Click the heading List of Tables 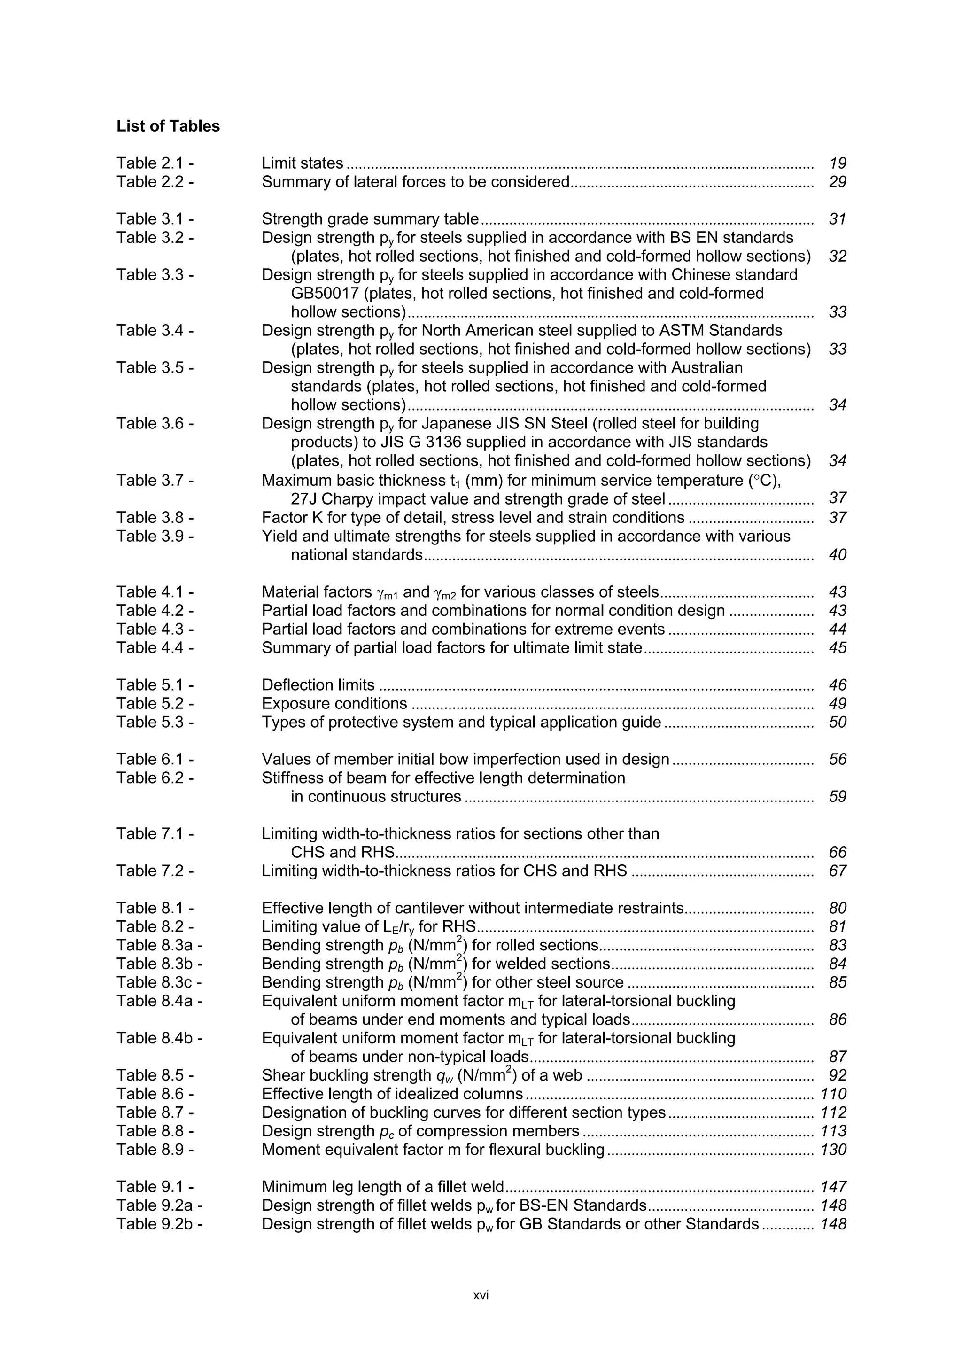(x=168, y=126)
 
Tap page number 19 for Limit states (x=837, y=163)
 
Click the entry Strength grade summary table (x=370, y=219)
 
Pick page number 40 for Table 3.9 (x=837, y=555)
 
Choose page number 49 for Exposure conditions (x=837, y=704)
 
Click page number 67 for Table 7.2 (x=837, y=871)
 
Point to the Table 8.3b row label (x=159, y=964)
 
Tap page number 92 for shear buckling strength (x=837, y=1075)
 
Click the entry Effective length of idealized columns (x=392, y=1094)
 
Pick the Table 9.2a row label (x=159, y=1205)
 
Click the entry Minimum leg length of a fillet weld (x=382, y=1187)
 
